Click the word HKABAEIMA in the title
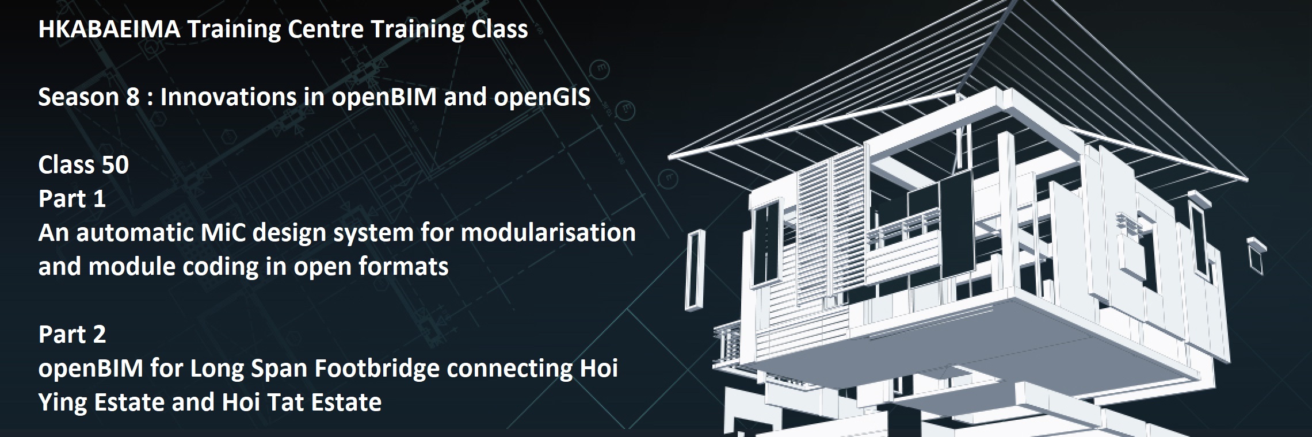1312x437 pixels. pos(109,29)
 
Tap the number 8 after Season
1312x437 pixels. pos(133,97)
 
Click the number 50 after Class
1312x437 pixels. pos(115,165)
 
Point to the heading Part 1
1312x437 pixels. pos(72,198)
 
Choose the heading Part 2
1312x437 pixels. pos(72,334)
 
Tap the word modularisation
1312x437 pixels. pos(548,233)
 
